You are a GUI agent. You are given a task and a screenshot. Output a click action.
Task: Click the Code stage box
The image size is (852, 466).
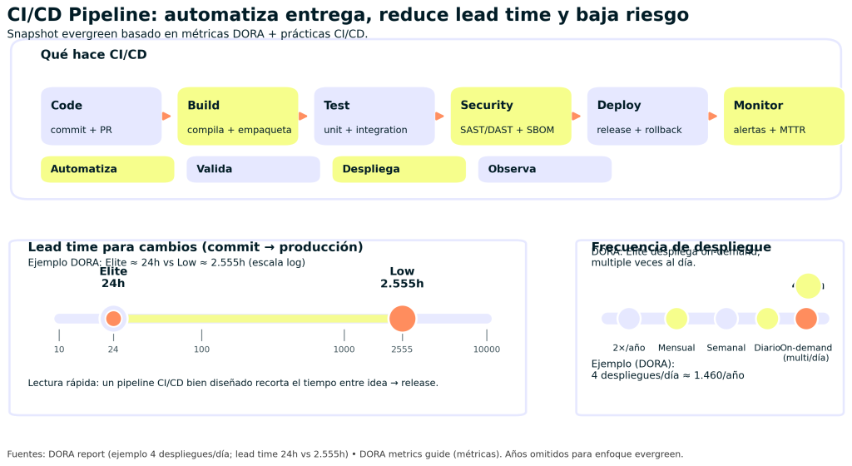coord(101,116)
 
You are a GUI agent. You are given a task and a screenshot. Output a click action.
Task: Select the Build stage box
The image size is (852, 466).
coord(237,116)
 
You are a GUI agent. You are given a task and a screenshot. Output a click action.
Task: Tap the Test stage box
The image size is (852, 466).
coord(374,116)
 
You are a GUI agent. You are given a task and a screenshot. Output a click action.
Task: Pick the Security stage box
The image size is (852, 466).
coord(511,116)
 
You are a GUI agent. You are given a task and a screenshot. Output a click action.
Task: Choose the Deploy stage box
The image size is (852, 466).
coord(647,116)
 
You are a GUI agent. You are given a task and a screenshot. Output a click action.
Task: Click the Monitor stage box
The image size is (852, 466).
coord(784,116)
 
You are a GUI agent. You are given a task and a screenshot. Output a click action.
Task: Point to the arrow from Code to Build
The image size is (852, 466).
coord(166,116)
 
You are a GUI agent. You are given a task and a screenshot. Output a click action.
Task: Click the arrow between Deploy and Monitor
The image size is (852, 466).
coord(713,116)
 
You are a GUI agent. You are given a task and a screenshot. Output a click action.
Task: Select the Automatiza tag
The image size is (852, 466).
coord(107,169)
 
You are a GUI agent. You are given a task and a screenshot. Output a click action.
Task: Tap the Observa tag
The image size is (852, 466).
coord(544,169)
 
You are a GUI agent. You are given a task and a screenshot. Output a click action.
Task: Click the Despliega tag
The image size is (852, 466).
coord(399,169)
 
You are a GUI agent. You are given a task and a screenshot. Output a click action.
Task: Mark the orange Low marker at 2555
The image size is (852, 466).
coord(402,319)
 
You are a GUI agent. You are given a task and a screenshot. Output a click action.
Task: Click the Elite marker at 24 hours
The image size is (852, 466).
coord(113,319)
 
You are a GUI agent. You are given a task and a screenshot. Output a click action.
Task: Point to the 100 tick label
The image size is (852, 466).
coord(201,349)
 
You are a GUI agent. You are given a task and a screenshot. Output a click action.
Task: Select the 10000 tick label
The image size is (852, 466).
coord(487,349)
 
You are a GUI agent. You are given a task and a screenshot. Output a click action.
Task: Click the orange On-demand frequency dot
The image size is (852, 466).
coord(805,319)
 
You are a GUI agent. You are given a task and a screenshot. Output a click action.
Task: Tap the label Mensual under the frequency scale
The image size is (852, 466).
coord(676,348)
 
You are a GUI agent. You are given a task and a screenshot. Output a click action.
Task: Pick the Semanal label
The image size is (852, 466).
coord(726,348)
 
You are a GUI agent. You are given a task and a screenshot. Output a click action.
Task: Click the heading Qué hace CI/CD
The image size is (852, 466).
coord(93,55)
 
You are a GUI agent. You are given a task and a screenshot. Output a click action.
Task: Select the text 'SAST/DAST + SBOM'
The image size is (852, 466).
coord(507,131)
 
